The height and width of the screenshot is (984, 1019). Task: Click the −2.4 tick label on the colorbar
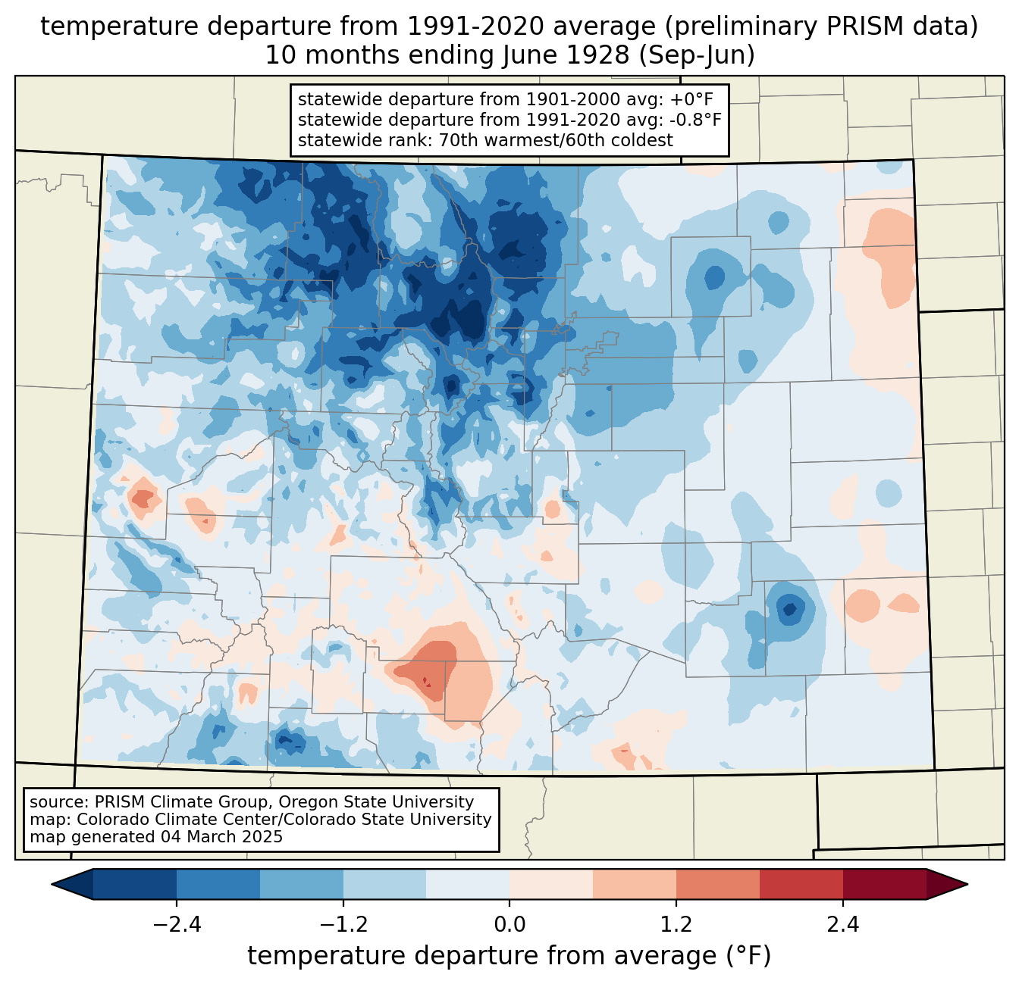(177, 925)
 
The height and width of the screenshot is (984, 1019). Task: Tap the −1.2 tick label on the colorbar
(343, 925)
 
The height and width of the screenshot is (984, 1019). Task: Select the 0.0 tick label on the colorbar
(509, 925)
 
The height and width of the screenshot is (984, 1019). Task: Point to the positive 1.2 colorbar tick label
(676, 925)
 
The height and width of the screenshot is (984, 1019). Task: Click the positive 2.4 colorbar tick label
(842, 925)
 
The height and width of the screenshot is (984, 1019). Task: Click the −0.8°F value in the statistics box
(694, 120)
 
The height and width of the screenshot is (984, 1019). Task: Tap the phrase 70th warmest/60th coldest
(556, 140)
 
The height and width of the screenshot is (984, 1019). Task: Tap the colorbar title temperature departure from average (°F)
(509, 956)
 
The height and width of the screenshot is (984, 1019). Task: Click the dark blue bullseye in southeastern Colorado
(789, 608)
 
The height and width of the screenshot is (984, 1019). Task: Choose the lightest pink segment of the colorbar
(551, 884)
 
